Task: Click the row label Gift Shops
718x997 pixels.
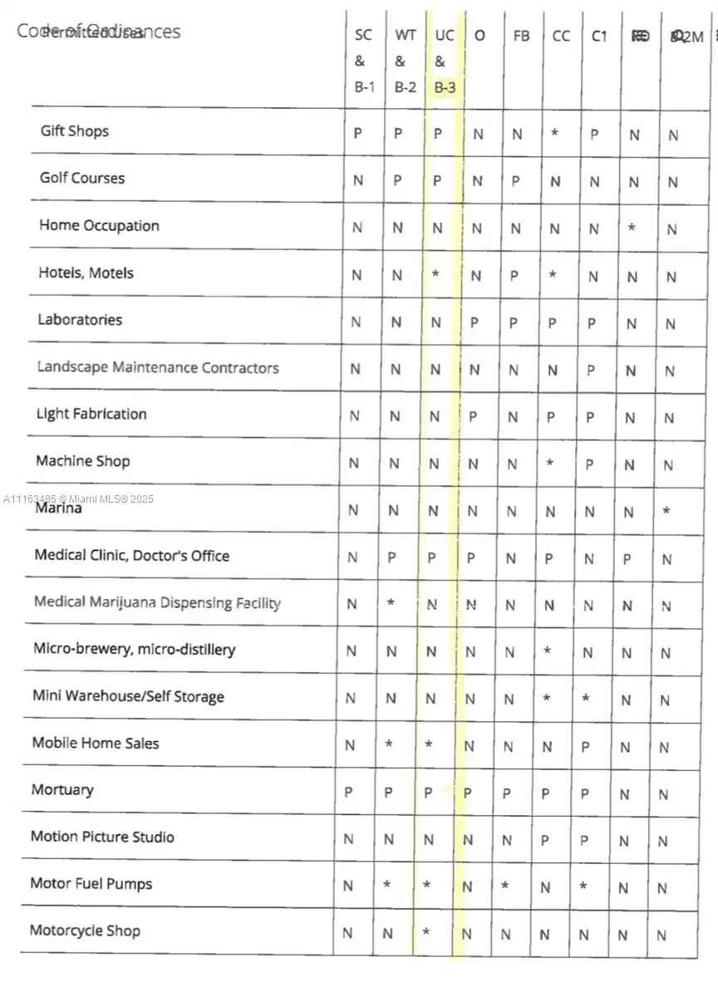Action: pyautogui.click(x=75, y=131)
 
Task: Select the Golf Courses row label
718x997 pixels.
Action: pyautogui.click(x=81, y=179)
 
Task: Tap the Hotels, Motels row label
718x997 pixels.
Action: pyautogui.click(x=86, y=273)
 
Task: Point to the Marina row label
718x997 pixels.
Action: pyautogui.click(x=58, y=508)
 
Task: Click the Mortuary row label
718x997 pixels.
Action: pyautogui.click(x=62, y=790)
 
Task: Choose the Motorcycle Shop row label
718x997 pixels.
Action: pyautogui.click(x=85, y=931)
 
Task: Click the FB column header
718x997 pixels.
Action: pyautogui.click(x=521, y=37)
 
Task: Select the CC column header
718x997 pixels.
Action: pyautogui.click(x=561, y=37)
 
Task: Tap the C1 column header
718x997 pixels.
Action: pyautogui.click(x=599, y=37)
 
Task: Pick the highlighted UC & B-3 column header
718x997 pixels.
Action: pyautogui.click(x=445, y=61)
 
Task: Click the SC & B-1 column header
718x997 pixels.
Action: pyautogui.click(x=364, y=61)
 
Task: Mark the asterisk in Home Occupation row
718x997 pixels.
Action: pyautogui.click(x=632, y=228)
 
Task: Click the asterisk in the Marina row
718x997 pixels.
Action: pyautogui.click(x=666, y=511)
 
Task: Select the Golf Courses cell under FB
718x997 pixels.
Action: pyautogui.click(x=516, y=181)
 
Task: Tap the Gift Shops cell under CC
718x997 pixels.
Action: pyautogui.click(x=555, y=133)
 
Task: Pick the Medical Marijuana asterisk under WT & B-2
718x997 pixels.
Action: pyautogui.click(x=391, y=602)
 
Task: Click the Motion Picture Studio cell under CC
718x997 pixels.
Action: pyautogui.click(x=545, y=840)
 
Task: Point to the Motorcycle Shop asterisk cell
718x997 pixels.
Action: pyautogui.click(x=426, y=932)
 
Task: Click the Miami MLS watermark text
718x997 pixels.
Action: pyautogui.click(x=79, y=499)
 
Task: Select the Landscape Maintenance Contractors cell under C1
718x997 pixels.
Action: pyautogui.click(x=591, y=370)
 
